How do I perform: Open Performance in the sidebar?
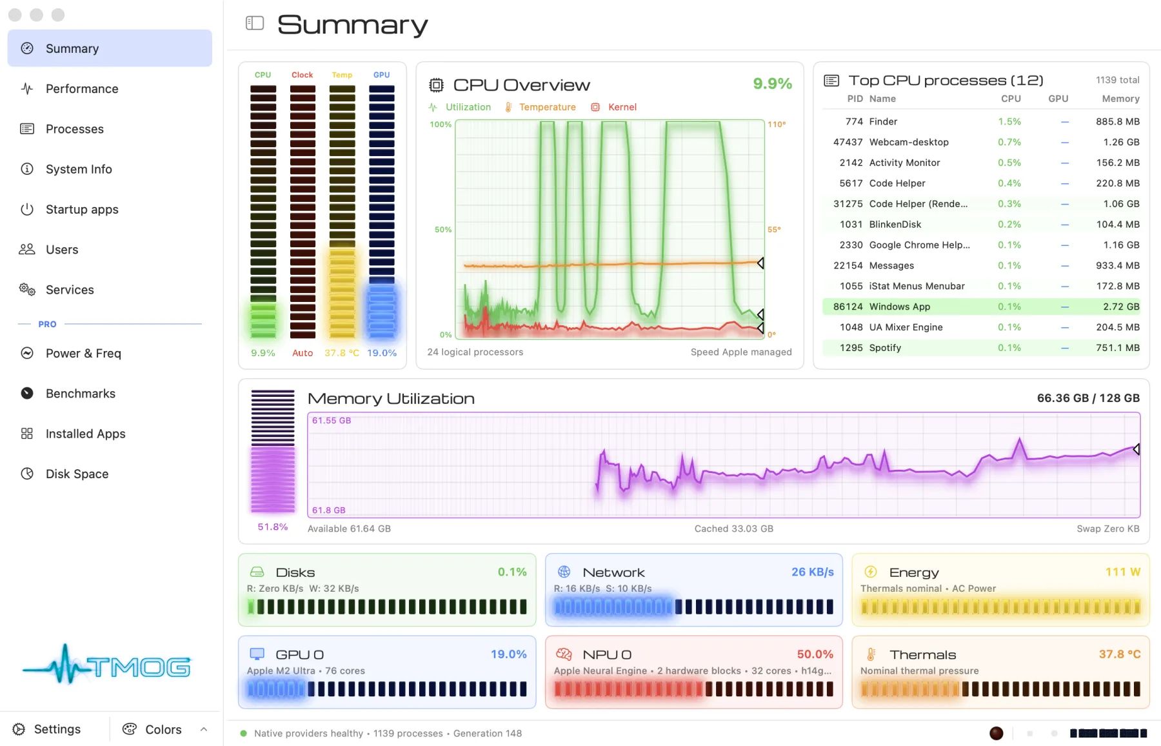click(82, 89)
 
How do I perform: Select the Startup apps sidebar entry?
click(82, 210)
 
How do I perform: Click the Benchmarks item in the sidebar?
click(81, 394)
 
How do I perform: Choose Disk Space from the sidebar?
click(77, 474)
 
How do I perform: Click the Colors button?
click(152, 729)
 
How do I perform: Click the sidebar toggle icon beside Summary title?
click(255, 23)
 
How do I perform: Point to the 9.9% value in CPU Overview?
click(772, 83)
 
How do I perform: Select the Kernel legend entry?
click(614, 107)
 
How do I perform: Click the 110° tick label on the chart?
click(777, 125)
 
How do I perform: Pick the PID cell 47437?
click(848, 142)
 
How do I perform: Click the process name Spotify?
click(885, 348)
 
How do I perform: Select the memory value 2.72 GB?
click(1121, 307)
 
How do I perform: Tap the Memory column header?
click(1120, 99)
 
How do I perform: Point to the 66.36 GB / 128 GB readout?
click(1088, 398)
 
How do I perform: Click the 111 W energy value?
click(1123, 572)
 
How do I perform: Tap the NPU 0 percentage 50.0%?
click(815, 654)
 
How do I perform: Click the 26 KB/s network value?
click(813, 572)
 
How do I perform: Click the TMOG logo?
click(106, 665)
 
